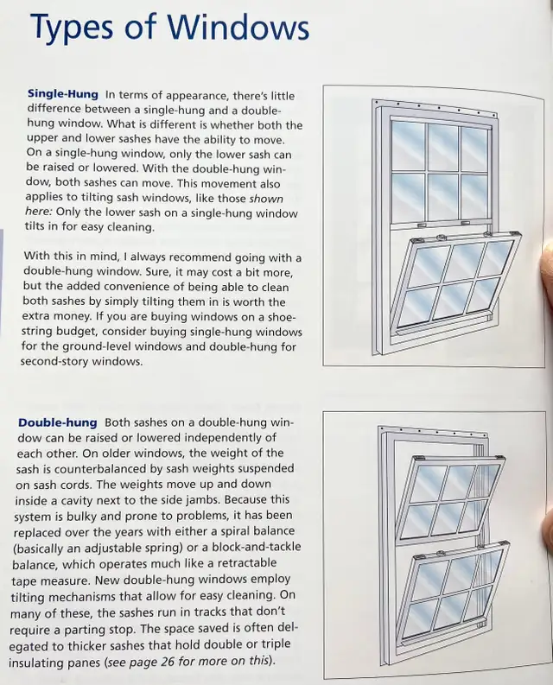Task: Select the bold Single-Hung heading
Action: (x=64, y=93)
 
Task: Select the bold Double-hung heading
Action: (x=57, y=422)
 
